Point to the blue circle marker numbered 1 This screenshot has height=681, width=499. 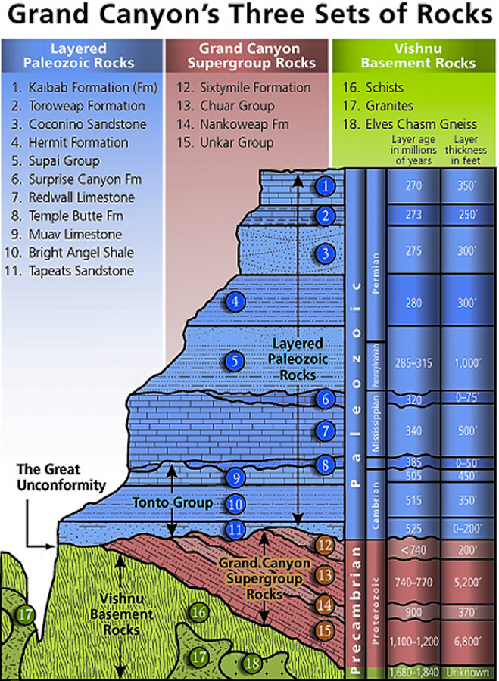pos(325,185)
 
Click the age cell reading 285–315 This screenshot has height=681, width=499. pos(413,362)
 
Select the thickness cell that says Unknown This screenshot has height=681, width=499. pos(467,673)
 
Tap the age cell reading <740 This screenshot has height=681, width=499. pos(413,550)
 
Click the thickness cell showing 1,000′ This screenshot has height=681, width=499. pos(467,362)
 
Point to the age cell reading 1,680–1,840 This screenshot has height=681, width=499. pos(413,673)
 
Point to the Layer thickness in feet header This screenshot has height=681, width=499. pos(467,151)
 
